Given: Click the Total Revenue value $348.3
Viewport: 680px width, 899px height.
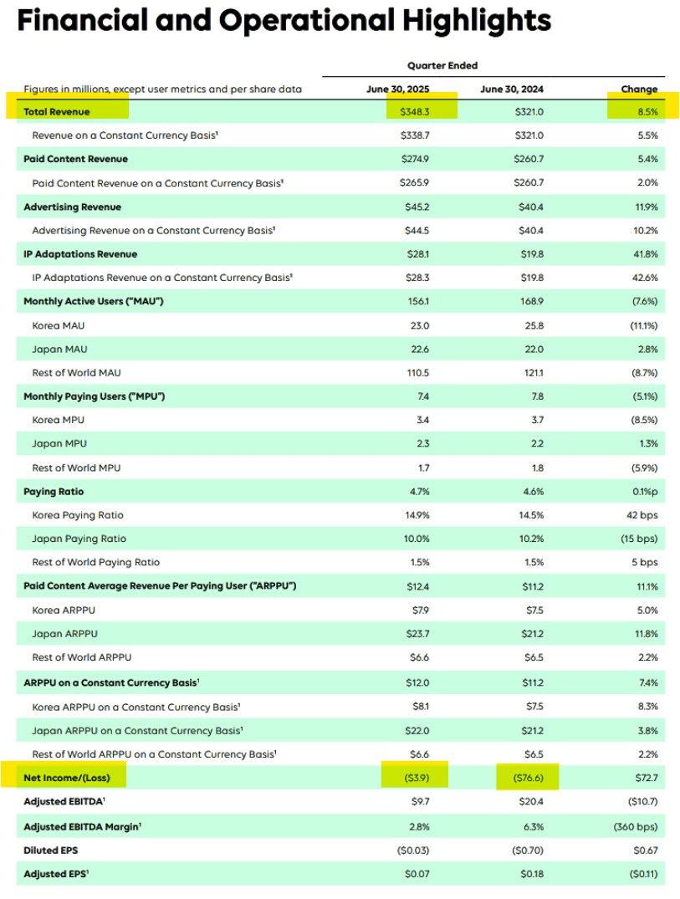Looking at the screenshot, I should click(416, 111).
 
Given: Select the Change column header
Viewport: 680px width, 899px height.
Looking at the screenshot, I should click(639, 89).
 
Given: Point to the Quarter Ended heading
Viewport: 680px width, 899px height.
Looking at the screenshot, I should click(442, 65).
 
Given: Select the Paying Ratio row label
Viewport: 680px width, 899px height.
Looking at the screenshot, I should click(54, 492).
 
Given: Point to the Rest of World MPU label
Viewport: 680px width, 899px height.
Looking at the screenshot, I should click(76, 467).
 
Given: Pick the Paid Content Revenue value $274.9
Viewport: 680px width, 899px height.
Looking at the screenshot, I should click(416, 159).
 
